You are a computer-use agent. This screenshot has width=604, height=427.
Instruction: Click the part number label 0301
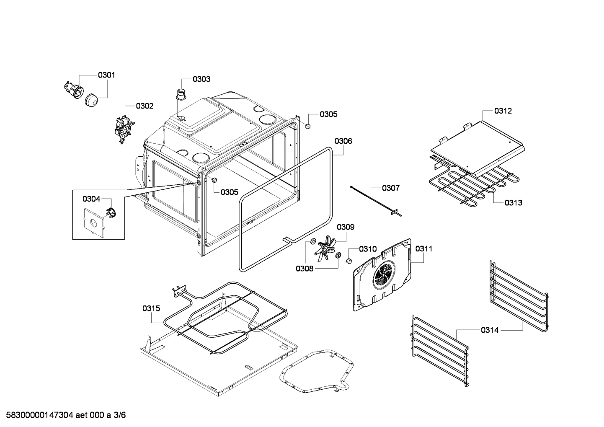click(x=106, y=75)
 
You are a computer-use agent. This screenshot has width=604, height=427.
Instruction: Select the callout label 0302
click(x=145, y=106)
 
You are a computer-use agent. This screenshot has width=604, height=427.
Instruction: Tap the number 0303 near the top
click(x=201, y=79)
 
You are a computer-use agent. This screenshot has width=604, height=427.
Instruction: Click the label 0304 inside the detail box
click(x=91, y=199)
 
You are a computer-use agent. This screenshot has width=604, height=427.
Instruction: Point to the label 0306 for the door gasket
click(x=343, y=141)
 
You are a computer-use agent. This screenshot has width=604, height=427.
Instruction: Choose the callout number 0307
click(x=390, y=188)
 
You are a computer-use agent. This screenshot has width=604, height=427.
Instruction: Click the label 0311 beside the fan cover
click(x=424, y=249)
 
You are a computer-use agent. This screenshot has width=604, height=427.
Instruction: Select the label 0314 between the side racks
click(x=490, y=330)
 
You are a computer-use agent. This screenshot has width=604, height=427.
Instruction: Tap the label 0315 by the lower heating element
click(x=151, y=308)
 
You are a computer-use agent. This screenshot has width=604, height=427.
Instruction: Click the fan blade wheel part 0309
click(x=326, y=247)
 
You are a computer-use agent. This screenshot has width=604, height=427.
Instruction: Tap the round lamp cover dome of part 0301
click(x=91, y=101)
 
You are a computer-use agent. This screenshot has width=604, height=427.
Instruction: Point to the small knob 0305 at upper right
click(x=307, y=126)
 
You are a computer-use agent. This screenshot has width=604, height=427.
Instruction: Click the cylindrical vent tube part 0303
click(x=181, y=94)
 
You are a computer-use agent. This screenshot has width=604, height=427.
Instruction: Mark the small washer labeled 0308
click(x=313, y=241)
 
